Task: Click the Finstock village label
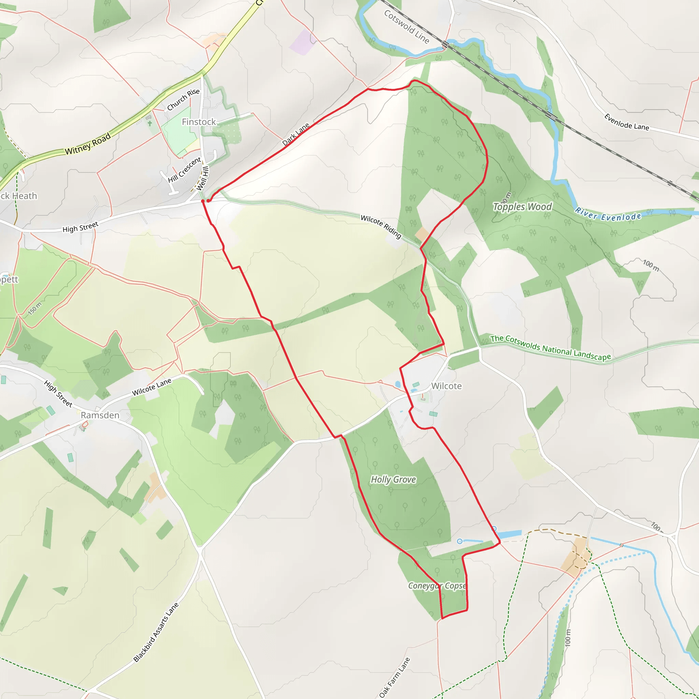click(x=199, y=122)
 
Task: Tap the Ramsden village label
click(x=100, y=415)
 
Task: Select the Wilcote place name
click(x=446, y=386)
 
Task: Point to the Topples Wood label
click(x=523, y=206)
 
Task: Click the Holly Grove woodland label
click(x=393, y=480)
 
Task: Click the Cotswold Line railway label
click(x=406, y=27)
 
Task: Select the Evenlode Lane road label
click(x=627, y=122)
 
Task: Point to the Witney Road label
click(x=88, y=144)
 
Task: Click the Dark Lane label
click(x=296, y=134)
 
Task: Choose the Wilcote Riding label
click(x=381, y=227)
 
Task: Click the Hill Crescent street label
click(x=184, y=170)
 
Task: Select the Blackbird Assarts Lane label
click(x=156, y=632)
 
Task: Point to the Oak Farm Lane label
click(x=395, y=677)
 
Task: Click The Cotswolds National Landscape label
click(x=550, y=348)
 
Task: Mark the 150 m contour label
click(x=35, y=308)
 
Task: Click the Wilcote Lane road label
click(x=152, y=387)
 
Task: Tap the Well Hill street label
click(x=203, y=179)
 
